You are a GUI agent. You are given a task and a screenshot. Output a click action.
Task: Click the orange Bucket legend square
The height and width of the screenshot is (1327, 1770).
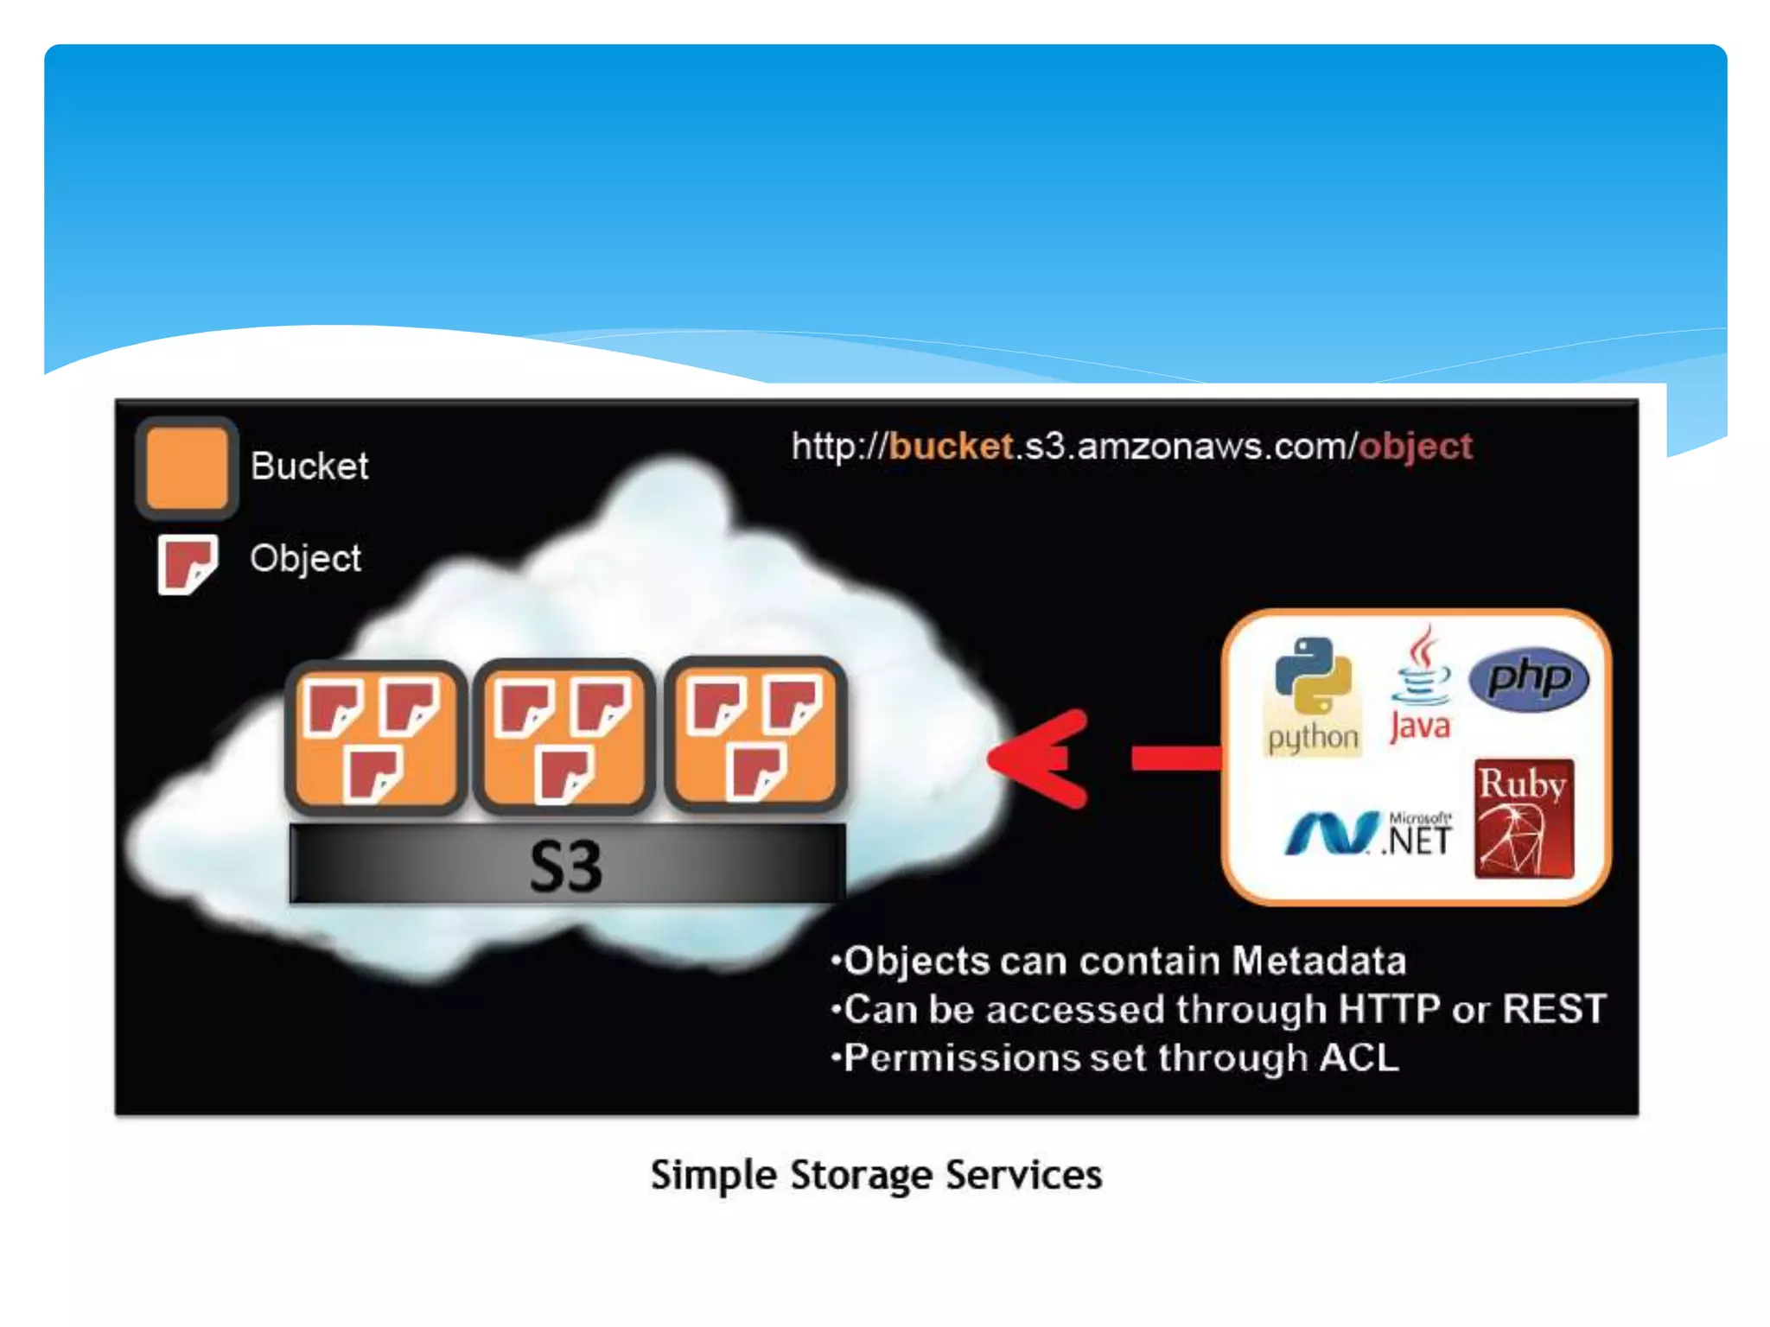tap(187, 468)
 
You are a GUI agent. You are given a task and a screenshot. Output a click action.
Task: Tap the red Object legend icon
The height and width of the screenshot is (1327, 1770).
tap(187, 564)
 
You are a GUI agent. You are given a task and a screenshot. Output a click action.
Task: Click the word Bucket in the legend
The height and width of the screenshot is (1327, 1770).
tap(309, 467)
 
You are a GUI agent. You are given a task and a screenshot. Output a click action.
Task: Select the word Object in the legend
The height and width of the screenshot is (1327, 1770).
tap(305, 559)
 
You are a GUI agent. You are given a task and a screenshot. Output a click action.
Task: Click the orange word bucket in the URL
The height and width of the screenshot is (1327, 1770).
tap(951, 447)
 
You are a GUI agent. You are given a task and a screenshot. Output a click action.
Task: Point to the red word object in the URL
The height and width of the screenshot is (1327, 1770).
tap(1416, 447)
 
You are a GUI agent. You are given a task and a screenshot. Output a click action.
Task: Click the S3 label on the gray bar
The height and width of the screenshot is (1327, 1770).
tap(565, 866)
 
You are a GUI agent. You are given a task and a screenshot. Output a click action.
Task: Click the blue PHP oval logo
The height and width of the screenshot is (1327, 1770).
tap(1529, 678)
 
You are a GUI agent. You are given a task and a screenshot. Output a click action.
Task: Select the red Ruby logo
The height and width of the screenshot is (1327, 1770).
tap(1524, 818)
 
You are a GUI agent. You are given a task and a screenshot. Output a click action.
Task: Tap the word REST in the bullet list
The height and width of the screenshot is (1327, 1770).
tap(1554, 1009)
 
